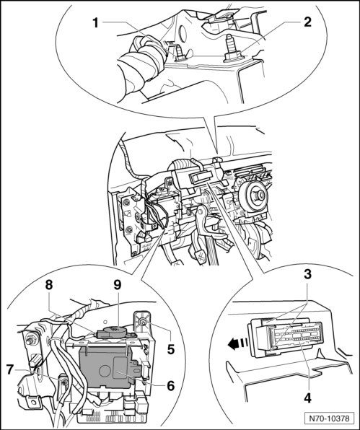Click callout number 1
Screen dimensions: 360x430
click(x=95, y=23)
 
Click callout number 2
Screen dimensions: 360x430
click(x=307, y=22)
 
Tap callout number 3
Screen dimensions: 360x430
click(x=307, y=273)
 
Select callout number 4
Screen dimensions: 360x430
click(x=308, y=398)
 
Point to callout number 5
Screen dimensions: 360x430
click(x=171, y=349)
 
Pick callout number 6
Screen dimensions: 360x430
click(x=170, y=386)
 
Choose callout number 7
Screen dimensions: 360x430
click(x=10, y=369)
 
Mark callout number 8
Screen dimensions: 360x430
click(x=49, y=285)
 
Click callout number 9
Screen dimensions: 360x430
click(x=117, y=285)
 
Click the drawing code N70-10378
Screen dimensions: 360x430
click(x=329, y=418)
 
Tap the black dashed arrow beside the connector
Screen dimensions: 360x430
click(x=237, y=343)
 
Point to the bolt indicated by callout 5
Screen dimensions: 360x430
click(x=143, y=322)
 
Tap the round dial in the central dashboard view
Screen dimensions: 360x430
click(x=252, y=196)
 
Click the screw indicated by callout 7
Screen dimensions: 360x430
click(x=64, y=382)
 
